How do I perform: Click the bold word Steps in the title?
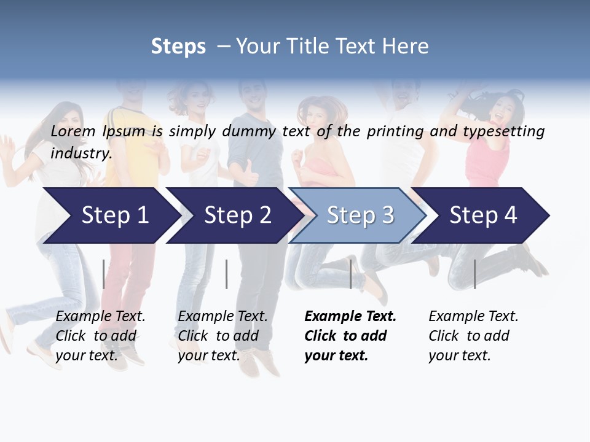(x=178, y=47)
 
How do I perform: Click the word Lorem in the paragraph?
(x=73, y=131)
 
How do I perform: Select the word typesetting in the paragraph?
(x=503, y=131)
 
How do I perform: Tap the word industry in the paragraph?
(x=81, y=153)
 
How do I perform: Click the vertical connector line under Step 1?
(x=104, y=274)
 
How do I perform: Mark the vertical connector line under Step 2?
(x=227, y=274)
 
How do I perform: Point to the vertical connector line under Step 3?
(x=351, y=274)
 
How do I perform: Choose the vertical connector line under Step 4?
(x=474, y=274)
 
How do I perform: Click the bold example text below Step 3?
(x=349, y=336)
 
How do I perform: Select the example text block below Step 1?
(x=100, y=336)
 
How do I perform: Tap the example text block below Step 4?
(x=473, y=336)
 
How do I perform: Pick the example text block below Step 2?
(x=222, y=336)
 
